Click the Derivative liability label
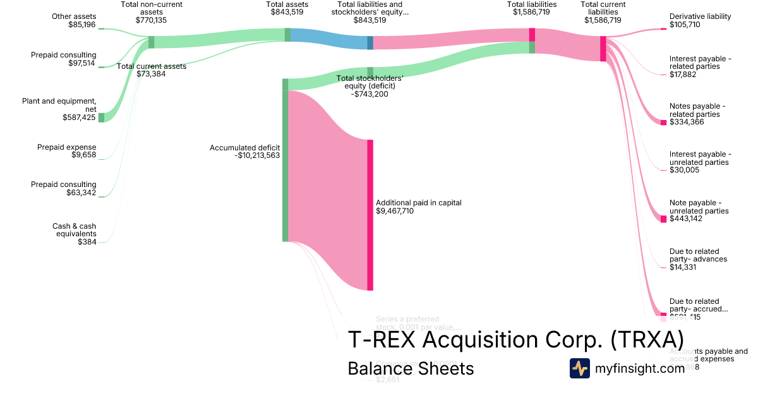tap(700, 16)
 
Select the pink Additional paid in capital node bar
tap(370, 215)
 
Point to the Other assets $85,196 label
tap(74, 21)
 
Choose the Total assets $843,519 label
tap(287, 8)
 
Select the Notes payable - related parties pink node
tap(663, 122)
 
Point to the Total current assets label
tap(152, 66)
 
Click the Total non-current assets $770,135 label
tap(152, 12)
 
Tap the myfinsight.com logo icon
tap(579, 368)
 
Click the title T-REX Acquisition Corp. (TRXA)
tap(515, 340)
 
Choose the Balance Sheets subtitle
tap(411, 368)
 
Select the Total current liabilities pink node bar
tap(603, 49)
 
